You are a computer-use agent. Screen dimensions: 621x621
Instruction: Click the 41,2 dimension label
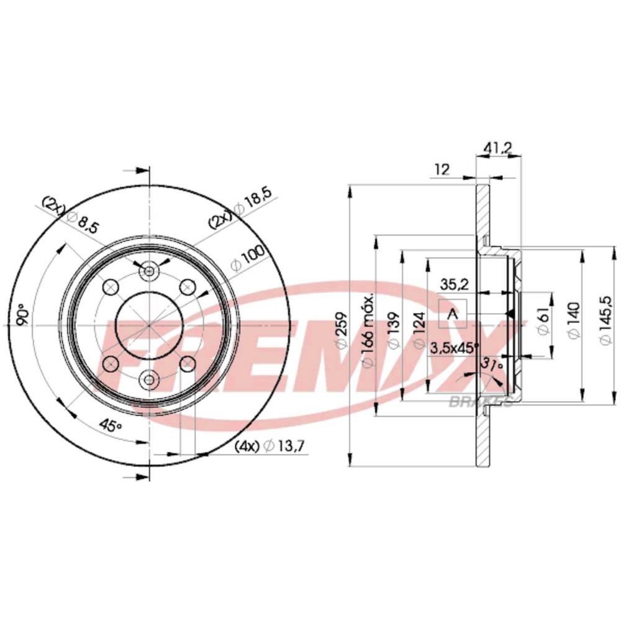[497, 148]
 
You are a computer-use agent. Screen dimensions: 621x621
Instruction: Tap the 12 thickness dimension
[442, 170]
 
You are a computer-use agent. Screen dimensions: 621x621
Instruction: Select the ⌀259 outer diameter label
[341, 331]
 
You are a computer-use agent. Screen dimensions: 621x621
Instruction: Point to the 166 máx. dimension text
[368, 330]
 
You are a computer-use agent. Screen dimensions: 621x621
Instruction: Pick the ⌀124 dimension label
[419, 331]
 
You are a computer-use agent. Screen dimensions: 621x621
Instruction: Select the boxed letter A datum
[453, 314]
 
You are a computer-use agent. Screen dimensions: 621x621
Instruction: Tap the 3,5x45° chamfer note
[454, 348]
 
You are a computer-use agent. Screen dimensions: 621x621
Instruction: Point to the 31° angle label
[492, 364]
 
